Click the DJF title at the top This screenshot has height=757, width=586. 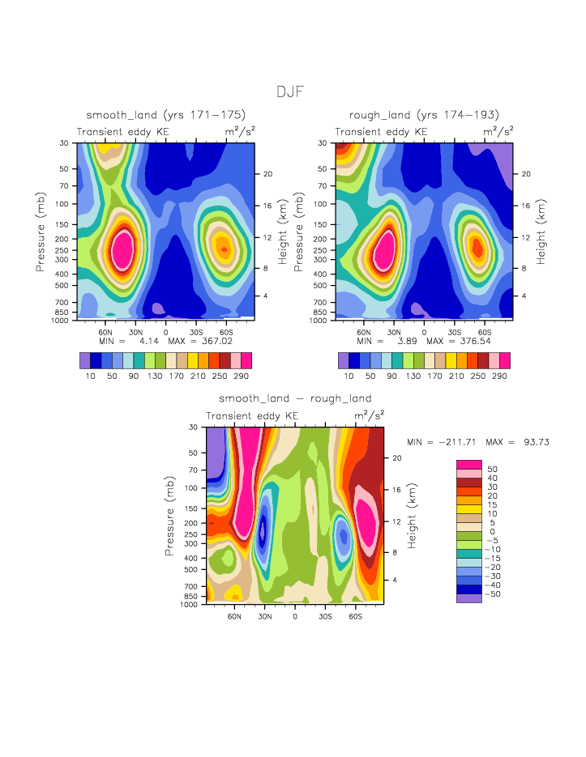click(289, 91)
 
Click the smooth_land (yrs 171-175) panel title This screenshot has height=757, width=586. click(165, 115)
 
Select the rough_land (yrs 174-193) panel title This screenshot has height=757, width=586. click(424, 115)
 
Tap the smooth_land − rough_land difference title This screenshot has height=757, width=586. click(295, 398)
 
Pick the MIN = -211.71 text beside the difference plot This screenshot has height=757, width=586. click(443, 442)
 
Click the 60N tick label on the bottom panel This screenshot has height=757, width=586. click(234, 616)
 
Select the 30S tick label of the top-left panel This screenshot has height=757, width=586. click(195, 332)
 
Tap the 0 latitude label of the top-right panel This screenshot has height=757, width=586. click(424, 332)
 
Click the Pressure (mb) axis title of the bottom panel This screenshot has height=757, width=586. click(170, 515)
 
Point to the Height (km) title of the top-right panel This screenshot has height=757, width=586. click(541, 232)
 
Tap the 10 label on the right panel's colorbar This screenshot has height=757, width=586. click(349, 376)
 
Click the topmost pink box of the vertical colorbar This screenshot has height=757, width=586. click(468, 465)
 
